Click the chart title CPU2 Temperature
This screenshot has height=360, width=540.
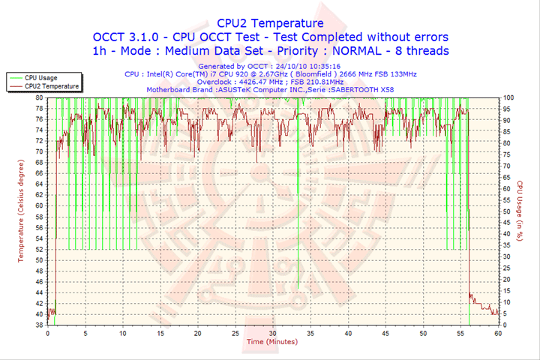point(270,23)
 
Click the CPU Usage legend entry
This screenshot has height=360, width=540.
point(40,77)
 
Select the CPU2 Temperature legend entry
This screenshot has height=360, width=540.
point(51,86)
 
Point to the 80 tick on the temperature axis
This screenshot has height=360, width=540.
point(39,97)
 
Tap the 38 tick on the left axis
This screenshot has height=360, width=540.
point(39,325)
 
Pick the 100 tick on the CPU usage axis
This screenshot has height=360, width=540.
point(508,97)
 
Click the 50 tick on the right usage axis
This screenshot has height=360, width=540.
point(507,211)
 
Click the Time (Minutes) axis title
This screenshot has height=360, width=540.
point(271,342)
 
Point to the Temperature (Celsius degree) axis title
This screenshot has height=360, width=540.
point(21,211)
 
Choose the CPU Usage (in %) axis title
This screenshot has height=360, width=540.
point(520,211)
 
